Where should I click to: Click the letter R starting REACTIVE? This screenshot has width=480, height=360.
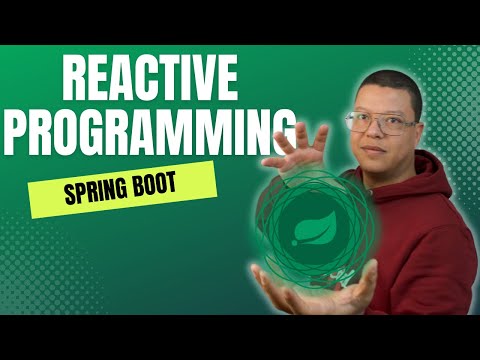[76, 79]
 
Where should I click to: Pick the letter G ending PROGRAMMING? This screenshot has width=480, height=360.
[281, 131]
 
